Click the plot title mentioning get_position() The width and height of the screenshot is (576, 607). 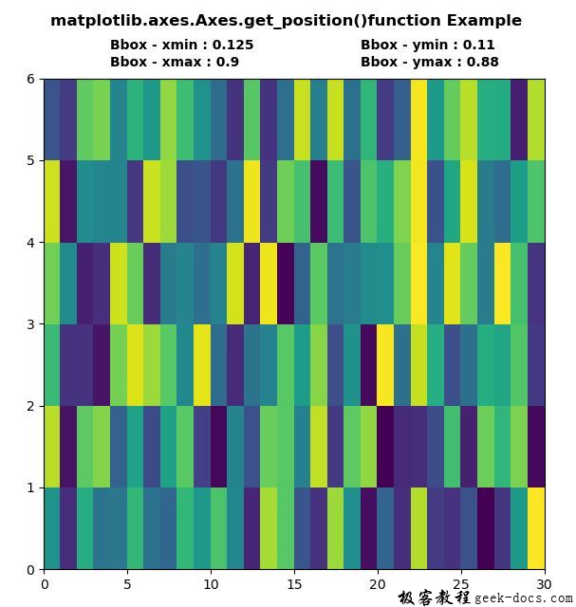click(286, 20)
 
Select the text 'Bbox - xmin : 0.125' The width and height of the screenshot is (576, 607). click(181, 45)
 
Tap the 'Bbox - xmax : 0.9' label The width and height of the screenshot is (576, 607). click(174, 62)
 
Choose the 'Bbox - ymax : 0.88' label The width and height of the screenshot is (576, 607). click(429, 62)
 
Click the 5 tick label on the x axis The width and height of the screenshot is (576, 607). click(127, 584)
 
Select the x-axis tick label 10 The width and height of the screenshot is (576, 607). click(211, 584)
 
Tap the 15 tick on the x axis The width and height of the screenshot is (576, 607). click(294, 584)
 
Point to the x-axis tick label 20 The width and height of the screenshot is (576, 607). click(378, 584)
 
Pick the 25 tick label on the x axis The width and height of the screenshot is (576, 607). click(461, 584)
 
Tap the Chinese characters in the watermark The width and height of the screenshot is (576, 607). click(434, 597)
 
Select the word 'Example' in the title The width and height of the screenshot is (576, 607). click(485, 20)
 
